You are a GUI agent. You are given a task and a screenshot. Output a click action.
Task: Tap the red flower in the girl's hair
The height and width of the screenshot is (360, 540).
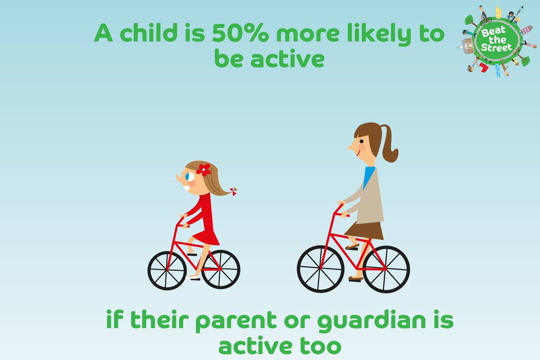(x=203, y=170)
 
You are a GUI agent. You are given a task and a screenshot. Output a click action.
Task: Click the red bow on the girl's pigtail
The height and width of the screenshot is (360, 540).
(x=234, y=191)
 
